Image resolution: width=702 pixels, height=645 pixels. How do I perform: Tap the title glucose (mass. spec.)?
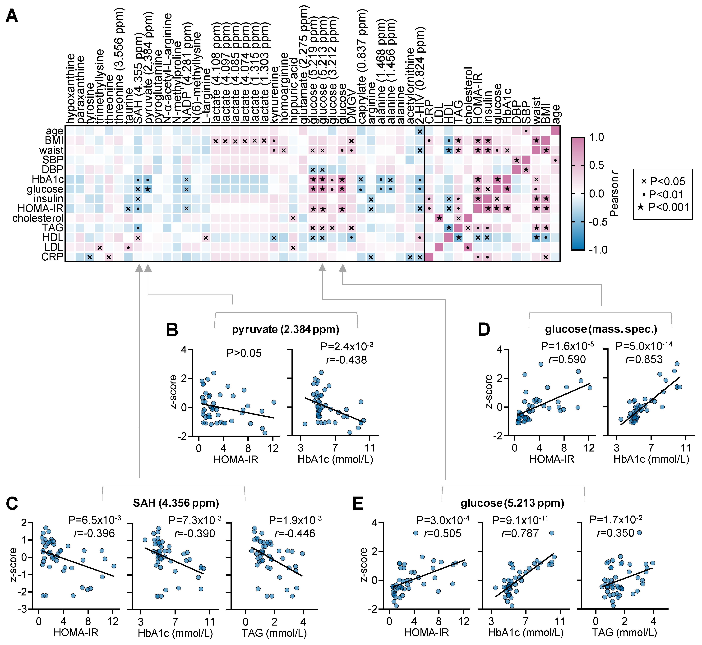tap(601, 329)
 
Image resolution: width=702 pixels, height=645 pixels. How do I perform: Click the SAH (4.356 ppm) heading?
tap(176, 503)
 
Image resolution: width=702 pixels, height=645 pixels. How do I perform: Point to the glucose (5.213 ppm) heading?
tap(512, 503)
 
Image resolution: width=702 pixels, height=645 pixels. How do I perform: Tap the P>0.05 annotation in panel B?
tap(244, 353)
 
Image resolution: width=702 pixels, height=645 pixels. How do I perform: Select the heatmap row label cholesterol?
tap(38, 218)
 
